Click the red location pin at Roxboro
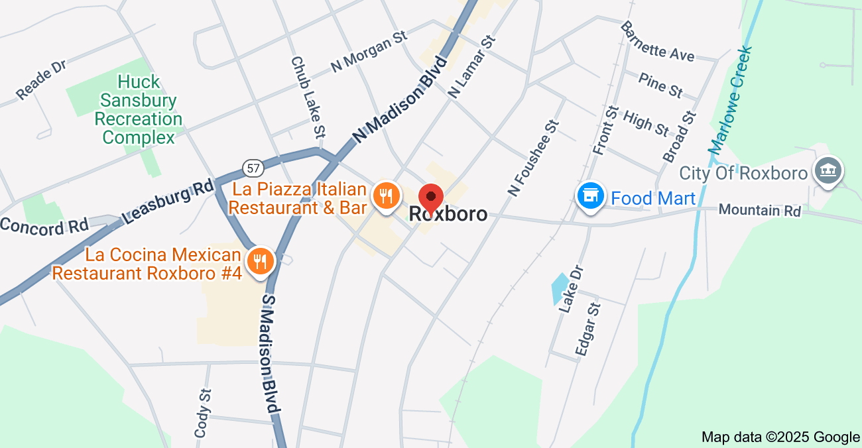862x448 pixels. point(431,197)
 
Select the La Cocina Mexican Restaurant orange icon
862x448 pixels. point(261,262)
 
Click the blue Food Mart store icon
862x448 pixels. point(589,196)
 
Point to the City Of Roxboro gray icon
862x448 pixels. point(828,170)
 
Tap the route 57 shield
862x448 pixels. point(252,168)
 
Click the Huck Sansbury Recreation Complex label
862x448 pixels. point(139,110)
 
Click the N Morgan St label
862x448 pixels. point(369,51)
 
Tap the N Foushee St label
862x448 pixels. point(534,158)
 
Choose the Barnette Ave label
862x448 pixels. point(657,41)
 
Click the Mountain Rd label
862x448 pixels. point(759,210)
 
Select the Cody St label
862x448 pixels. point(203,413)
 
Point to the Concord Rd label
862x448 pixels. point(44,225)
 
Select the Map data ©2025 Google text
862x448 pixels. point(780,437)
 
